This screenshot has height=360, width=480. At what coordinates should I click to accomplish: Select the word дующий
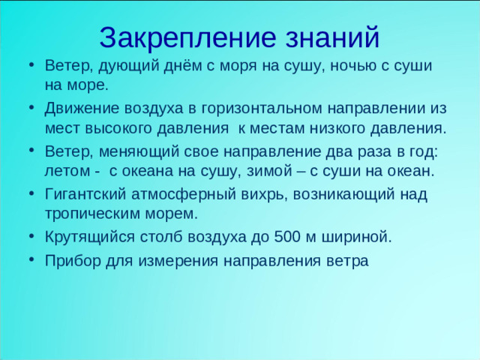coord(121,65)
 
